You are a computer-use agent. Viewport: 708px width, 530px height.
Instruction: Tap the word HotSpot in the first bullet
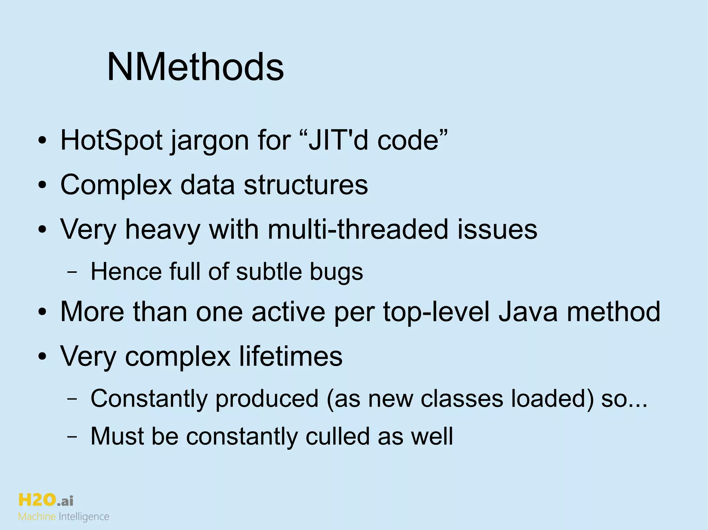pos(111,141)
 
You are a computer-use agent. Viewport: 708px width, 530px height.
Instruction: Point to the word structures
pos(306,185)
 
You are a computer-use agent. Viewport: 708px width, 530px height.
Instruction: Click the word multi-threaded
pos(358,229)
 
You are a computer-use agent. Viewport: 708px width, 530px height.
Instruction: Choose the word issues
pos(497,229)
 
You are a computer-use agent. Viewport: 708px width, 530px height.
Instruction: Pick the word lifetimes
pos(291,356)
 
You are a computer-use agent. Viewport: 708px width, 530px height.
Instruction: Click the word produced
pos(267,399)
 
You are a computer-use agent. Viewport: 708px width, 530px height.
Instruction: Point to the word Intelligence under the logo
pos(84,517)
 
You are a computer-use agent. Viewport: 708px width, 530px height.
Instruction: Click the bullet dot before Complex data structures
pos(42,185)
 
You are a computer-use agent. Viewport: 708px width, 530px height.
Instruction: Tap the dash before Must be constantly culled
pos(72,436)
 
